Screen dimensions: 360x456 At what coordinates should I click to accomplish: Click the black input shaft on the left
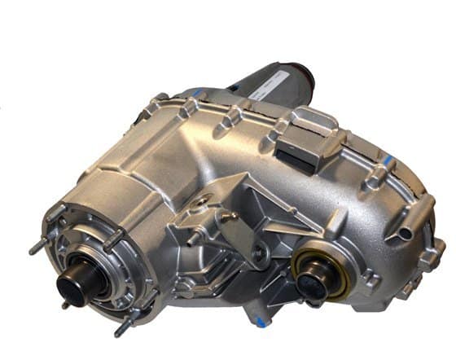(x=75, y=287)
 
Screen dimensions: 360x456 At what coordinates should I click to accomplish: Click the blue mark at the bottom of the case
(x=261, y=322)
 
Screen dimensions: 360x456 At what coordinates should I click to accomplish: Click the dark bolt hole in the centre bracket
(x=259, y=253)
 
